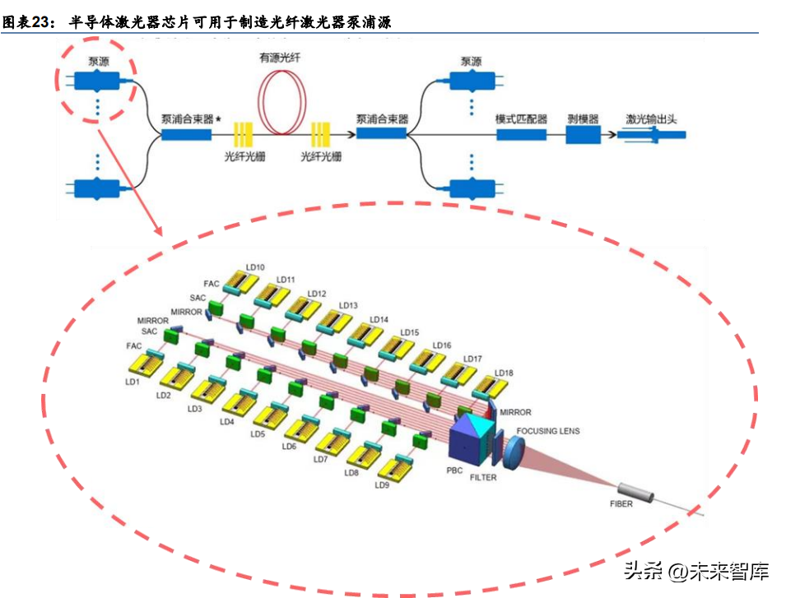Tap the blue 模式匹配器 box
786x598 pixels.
[x=520, y=133]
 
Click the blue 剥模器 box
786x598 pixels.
[x=584, y=133]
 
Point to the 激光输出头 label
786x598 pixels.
[x=650, y=119]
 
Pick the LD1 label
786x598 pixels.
[x=132, y=382]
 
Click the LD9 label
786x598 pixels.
[x=382, y=485]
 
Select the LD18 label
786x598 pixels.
[x=504, y=373]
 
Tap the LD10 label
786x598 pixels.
[x=255, y=267]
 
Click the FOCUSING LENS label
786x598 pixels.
[x=547, y=430]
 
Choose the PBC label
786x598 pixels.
[x=454, y=471]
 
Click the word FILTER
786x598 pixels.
[x=483, y=477]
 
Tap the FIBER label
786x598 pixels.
[x=621, y=503]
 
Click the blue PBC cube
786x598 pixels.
[x=471, y=437]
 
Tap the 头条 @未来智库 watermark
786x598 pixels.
[x=695, y=571]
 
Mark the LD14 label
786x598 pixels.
[x=379, y=319]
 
